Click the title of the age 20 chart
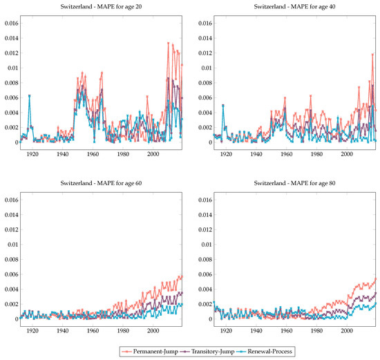[102, 7]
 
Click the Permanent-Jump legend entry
[151, 352]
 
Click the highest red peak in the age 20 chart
[169, 44]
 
